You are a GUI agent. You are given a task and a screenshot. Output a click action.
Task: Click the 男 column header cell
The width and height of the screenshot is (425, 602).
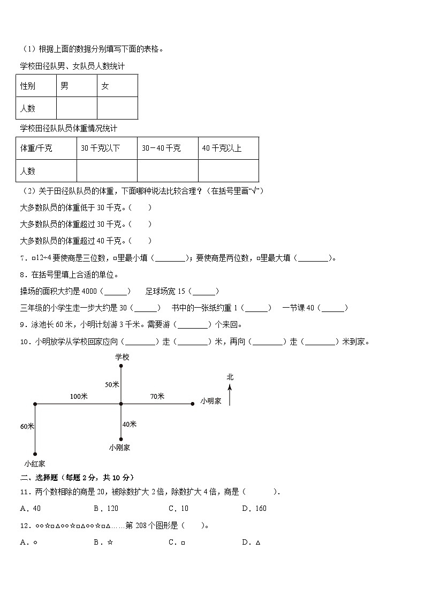(77, 86)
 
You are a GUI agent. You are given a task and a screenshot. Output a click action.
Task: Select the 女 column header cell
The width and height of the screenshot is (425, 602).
(117, 86)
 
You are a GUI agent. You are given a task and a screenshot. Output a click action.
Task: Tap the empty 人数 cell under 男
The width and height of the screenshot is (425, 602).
(77, 108)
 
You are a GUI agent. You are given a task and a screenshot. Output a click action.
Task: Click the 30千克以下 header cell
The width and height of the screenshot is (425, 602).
(107, 148)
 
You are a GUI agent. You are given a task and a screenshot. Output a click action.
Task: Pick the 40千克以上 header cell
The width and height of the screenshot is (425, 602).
(228, 148)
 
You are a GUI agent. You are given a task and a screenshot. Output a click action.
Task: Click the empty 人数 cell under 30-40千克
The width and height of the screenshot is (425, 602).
(168, 170)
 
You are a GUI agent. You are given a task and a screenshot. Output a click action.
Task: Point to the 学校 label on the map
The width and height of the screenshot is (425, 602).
(122, 356)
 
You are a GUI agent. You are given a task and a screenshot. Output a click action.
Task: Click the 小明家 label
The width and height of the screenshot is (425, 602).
(211, 400)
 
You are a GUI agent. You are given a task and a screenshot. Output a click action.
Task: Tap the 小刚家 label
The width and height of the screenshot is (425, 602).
(119, 447)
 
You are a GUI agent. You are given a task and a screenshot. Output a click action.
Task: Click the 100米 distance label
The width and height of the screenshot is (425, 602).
(78, 396)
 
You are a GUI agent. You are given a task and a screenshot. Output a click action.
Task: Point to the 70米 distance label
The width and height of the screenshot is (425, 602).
(157, 396)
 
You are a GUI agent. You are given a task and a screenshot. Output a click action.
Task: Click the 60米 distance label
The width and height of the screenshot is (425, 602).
(27, 426)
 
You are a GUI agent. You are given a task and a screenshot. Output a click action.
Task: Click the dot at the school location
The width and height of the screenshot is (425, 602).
(122, 366)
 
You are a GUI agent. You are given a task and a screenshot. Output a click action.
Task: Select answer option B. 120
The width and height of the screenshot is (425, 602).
(106, 508)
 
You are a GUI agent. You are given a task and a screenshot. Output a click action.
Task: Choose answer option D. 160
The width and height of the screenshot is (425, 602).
(254, 508)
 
